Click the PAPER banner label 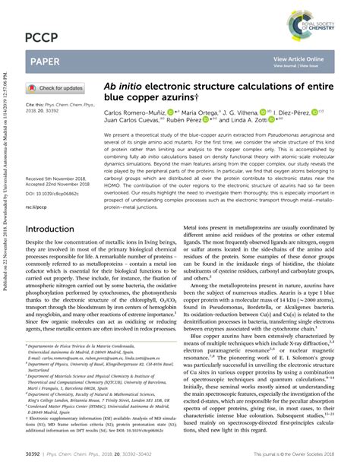(46, 61)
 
